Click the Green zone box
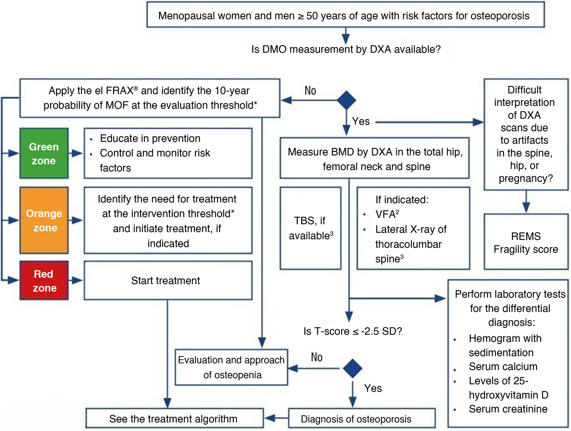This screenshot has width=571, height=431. [44, 154]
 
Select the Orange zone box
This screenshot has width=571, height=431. [44, 220]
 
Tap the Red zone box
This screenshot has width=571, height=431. [44, 281]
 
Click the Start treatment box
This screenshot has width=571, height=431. [168, 281]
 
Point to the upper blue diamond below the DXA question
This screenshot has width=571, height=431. [346, 100]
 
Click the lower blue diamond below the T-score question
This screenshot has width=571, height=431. [353, 368]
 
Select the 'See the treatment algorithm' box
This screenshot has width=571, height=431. [175, 418]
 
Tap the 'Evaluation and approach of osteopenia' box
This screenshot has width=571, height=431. [232, 367]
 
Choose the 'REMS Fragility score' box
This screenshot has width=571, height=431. [526, 242]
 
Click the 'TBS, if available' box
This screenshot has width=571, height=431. [310, 228]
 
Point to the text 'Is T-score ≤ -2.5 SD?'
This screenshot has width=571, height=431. [353, 331]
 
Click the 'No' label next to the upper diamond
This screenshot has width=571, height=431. [310, 91]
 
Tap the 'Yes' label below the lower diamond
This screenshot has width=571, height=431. [373, 388]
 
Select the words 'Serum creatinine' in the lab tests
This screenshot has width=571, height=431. [508, 409]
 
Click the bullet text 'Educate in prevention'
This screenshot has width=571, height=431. [150, 138]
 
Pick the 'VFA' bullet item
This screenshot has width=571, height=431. [387, 214]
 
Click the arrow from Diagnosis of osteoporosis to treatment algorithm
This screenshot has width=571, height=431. [276, 418]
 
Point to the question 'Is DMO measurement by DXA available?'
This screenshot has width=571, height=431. [346, 49]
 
